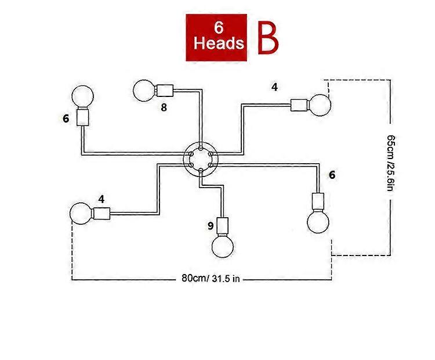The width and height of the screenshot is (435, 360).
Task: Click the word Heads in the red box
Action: [x=219, y=44]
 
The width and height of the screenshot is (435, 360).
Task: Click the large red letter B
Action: [x=268, y=38]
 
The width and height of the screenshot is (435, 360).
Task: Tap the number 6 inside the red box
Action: [x=219, y=27]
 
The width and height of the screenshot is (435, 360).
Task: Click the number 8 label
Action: [x=164, y=107]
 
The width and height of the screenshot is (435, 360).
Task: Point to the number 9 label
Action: [x=211, y=226]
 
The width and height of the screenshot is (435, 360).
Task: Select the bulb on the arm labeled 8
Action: [x=144, y=91]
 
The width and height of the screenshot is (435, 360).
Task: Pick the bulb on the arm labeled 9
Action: [x=223, y=246]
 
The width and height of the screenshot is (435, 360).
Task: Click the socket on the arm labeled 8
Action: [x=165, y=91]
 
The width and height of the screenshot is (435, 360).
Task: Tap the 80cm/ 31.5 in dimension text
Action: [x=211, y=278]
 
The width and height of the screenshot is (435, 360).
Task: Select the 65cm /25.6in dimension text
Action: [x=390, y=163]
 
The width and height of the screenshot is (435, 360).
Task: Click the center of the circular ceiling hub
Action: [x=201, y=159]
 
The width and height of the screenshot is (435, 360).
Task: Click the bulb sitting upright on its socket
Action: [x=83, y=96]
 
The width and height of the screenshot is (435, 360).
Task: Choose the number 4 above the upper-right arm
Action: [x=274, y=87]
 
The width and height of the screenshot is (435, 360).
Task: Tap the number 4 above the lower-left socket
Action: [x=101, y=199]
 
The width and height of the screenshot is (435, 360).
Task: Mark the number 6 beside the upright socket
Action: [x=66, y=118]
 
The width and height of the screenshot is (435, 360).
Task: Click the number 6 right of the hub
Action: [x=332, y=175]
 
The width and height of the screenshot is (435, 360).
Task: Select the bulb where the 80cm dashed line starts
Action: [x=81, y=214]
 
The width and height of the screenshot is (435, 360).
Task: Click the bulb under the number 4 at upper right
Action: [x=320, y=105]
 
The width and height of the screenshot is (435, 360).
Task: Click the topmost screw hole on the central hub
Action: [x=201, y=147]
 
